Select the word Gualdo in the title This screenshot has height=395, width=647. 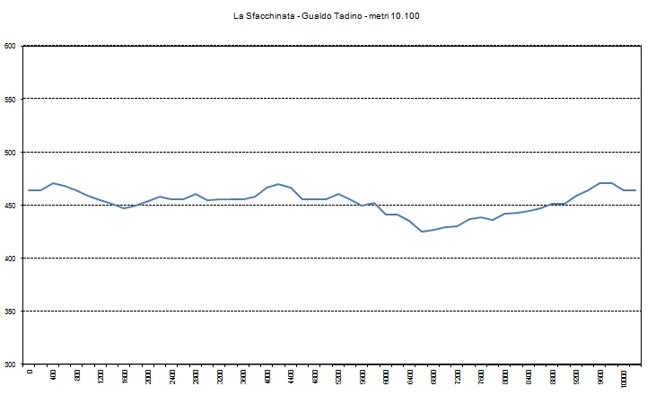pyautogui.click(x=323, y=16)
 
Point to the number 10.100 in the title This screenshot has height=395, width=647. pyautogui.click(x=418, y=16)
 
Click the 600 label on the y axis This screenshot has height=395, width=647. pyautogui.click(x=10, y=46)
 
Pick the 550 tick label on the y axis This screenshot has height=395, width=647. pyautogui.click(x=10, y=99)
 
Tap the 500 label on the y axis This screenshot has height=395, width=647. pyautogui.click(x=10, y=152)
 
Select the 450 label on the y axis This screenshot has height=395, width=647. pyautogui.click(x=10, y=205)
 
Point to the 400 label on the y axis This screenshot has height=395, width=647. pyautogui.click(x=10, y=258)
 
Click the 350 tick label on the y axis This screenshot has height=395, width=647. pyautogui.click(x=10, y=311)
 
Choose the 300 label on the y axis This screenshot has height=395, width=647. pyautogui.click(x=10, y=364)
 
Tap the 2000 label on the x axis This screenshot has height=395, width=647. pyautogui.click(x=149, y=378)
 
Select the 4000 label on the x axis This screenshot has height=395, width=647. pyautogui.click(x=267, y=378)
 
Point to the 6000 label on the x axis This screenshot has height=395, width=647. pyautogui.click(x=387, y=378)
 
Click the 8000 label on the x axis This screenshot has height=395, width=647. pyautogui.click(x=505, y=378)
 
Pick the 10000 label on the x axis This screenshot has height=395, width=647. pyautogui.click(x=625, y=379)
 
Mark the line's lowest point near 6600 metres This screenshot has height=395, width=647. pyautogui.click(x=422, y=232)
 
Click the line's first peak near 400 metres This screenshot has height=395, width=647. pyautogui.click(x=54, y=183)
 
